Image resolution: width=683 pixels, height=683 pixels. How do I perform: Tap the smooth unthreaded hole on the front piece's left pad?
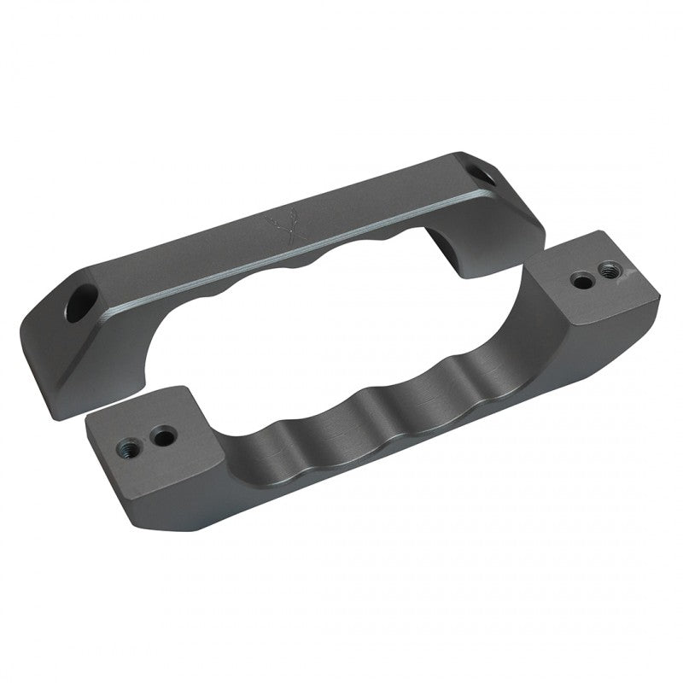[161, 437]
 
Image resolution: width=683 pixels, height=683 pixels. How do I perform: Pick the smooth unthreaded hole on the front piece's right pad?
[581, 279]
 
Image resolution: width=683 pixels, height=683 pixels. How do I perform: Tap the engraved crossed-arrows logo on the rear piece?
[281, 226]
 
